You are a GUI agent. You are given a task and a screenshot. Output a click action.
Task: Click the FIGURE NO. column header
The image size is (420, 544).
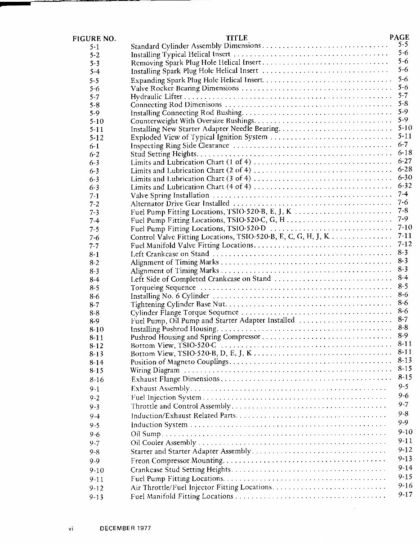tap(94, 38)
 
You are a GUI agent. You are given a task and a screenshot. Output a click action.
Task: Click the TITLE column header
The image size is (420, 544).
tap(237, 38)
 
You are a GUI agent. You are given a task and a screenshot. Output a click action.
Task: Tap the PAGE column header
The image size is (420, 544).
tap(399, 37)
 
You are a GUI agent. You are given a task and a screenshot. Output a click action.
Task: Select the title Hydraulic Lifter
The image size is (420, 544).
tap(156, 96)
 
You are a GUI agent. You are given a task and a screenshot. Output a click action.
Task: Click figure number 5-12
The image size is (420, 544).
tap(97, 138)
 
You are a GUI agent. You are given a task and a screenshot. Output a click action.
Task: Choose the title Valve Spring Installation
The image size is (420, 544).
tap(170, 195)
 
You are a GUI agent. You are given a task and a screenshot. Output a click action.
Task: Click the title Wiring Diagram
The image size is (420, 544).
tap(155, 370)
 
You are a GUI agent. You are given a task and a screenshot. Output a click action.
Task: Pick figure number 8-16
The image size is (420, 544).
tap(97, 380)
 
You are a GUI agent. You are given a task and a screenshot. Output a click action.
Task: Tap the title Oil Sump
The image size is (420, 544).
tap(145, 434)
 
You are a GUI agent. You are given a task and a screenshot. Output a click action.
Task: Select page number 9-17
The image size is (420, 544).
tap(405, 495)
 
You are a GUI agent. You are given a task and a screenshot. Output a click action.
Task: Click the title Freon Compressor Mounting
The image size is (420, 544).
tap(177, 461)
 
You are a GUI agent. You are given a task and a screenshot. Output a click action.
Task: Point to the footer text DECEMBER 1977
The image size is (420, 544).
tap(125, 529)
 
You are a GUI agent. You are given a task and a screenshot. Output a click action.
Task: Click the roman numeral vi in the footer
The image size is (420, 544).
tap(71, 529)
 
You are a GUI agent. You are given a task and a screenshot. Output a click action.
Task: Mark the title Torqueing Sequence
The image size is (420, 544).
tap(163, 288)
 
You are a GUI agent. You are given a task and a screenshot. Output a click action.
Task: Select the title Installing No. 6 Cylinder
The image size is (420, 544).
tap(170, 296)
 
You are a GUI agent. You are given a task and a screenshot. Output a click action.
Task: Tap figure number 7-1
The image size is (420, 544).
tap(94, 196)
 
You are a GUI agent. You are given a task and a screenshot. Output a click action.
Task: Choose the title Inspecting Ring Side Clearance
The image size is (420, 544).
tap(180, 146)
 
